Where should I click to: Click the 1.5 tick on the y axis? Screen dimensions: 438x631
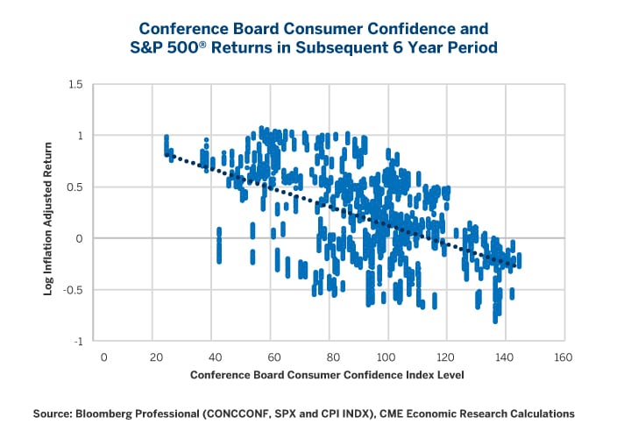[x=74, y=85]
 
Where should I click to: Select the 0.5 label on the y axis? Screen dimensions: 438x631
[x=74, y=187]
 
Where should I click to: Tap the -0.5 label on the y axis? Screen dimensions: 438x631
[x=73, y=290]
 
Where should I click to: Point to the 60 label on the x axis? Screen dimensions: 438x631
[x=273, y=357]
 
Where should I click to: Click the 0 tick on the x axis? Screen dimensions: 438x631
[x=103, y=357]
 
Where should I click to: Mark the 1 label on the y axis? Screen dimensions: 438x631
[x=80, y=136]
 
